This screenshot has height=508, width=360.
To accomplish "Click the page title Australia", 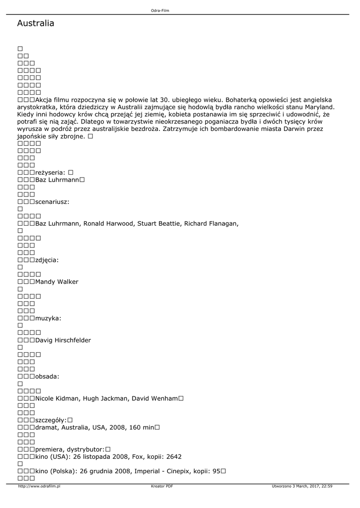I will click(x=35, y=24).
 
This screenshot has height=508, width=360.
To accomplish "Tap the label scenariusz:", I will click(x=52, y=202).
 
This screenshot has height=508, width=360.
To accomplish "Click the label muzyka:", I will click(x=48, y=318).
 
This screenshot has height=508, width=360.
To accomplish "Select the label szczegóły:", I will click(x=51, y=420).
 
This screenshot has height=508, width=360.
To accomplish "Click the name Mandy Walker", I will click(x=57, y=282).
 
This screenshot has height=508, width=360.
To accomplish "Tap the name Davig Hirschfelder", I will click(x=63, y=340).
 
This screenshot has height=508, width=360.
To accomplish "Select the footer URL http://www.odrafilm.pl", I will click(x=39, y=487).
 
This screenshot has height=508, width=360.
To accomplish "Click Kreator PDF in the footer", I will click(x=162, y=487).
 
